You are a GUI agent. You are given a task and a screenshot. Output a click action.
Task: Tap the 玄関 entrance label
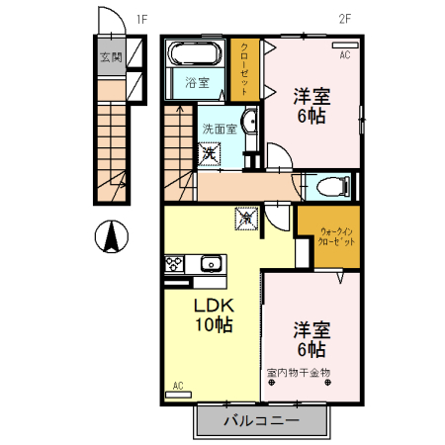click(111, 56)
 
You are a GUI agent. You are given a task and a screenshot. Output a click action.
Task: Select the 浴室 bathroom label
click(198, 83)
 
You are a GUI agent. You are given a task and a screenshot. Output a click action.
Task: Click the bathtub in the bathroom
click(198, 52)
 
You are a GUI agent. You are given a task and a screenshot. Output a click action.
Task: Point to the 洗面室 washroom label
click(220, 129)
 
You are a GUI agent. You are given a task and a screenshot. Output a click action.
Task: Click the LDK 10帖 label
click(212, 313)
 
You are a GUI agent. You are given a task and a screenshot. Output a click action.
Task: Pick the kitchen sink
click(210, 263)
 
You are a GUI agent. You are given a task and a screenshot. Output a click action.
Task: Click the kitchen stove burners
click(173, 264)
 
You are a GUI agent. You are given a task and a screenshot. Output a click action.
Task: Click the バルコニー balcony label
click(260, 421)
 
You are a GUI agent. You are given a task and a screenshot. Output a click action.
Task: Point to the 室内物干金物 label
click(298, 373)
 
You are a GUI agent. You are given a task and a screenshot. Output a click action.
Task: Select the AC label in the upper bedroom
click(345, 55)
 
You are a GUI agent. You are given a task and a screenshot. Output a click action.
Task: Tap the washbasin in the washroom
click(248, 124)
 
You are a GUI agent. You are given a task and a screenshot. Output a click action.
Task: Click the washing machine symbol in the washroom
click(211, 154)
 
